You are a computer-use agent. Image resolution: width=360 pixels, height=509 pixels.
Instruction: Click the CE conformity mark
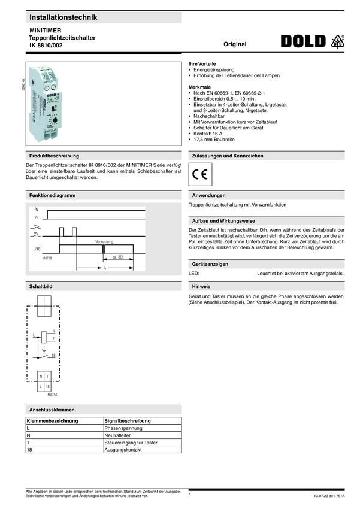click(200, 175)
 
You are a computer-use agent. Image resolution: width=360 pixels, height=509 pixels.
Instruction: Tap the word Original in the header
click(235, 44)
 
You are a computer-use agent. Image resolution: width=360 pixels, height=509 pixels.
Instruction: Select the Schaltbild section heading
click(41, 287)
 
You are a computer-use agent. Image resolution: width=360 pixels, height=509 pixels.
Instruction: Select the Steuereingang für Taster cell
click(131, 443)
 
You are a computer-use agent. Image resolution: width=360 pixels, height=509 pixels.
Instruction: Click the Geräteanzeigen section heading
click(210, 264)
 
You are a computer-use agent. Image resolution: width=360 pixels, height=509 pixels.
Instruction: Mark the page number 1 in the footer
click(189, 495)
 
